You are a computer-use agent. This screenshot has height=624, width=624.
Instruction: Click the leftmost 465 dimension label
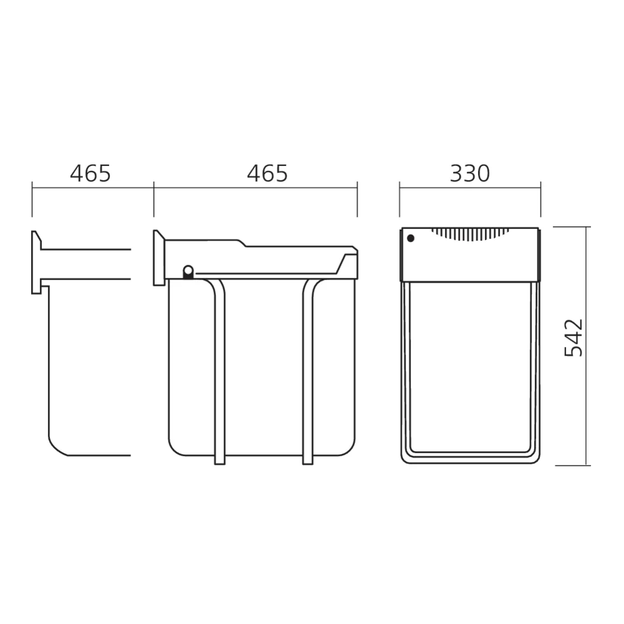coord(90,173)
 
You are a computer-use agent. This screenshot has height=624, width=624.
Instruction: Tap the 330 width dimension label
coord(470,173)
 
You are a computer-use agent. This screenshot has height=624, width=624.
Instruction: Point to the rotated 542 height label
coord(573,338)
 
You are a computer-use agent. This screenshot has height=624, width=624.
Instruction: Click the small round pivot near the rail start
coord(187,270)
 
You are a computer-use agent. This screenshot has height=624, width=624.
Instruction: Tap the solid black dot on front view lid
coord(410,238)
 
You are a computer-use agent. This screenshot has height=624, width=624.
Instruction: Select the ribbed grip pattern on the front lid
coord(470,234)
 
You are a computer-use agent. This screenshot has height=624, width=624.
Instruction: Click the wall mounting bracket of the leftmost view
coord(36,261)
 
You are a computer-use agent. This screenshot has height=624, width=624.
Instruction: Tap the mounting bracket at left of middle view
coord(158,258)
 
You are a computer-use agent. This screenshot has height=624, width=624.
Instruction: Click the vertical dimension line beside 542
coord(587,346)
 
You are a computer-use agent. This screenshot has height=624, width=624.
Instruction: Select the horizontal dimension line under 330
coord(470,185)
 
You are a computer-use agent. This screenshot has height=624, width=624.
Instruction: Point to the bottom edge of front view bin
coord(470,462)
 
